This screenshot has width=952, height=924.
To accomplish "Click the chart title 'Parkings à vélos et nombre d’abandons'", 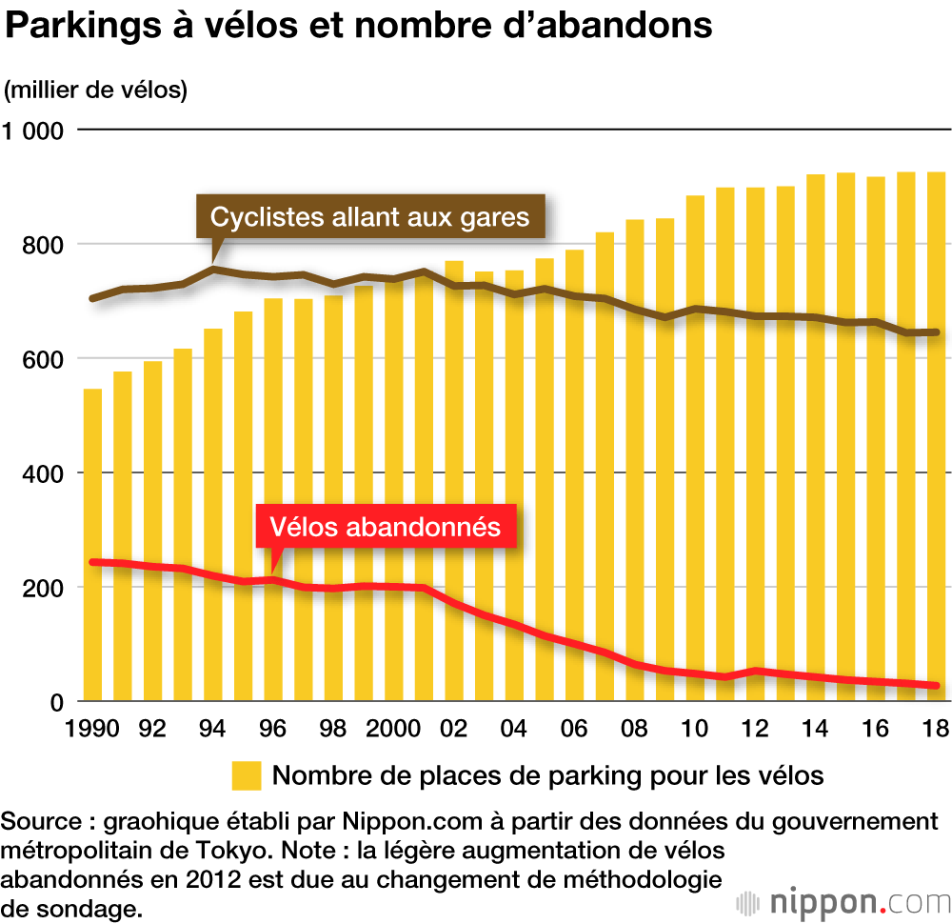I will point(359,27).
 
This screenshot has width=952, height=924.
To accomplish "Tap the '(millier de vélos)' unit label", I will point(96,90).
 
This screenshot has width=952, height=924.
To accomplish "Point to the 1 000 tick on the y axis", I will point(31,131).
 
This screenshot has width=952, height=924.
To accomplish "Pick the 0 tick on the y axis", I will point(55,702).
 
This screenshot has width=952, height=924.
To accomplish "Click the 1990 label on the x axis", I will point(92,730).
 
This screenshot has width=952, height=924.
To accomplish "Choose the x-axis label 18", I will point(937,730).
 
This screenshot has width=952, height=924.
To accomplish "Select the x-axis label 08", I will point(635,730).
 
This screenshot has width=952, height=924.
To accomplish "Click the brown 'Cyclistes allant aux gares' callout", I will point(369,216).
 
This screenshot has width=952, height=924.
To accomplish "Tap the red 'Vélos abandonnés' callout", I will point(385,527).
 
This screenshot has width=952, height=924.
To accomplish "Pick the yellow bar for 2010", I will point(696,448).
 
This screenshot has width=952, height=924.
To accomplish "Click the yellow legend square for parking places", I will point(247,775).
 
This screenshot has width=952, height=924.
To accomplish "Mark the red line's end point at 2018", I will point(936,686).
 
